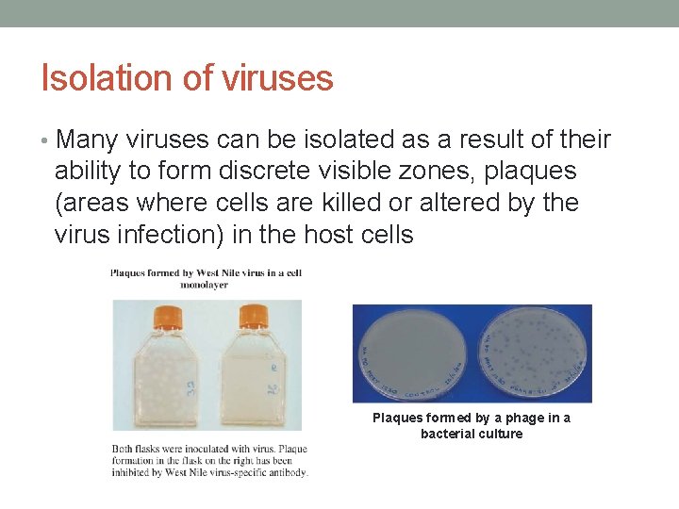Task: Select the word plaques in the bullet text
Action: pos(523,172)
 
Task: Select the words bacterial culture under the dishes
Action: pos(471,434)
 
